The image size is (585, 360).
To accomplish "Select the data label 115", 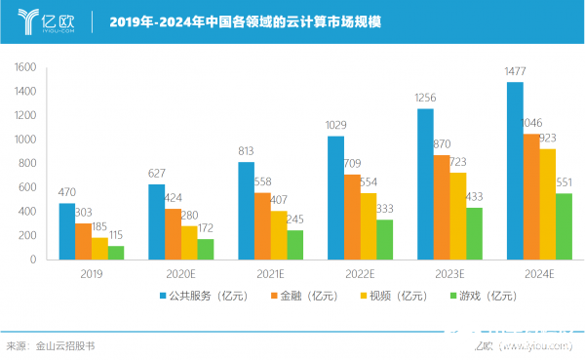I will pyautogui.click(x=116, y=235).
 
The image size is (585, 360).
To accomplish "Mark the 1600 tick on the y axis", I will pyautogui.click(x=25, y=67).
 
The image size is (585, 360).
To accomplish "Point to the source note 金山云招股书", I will pyautogui.click(x=65, y=345).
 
